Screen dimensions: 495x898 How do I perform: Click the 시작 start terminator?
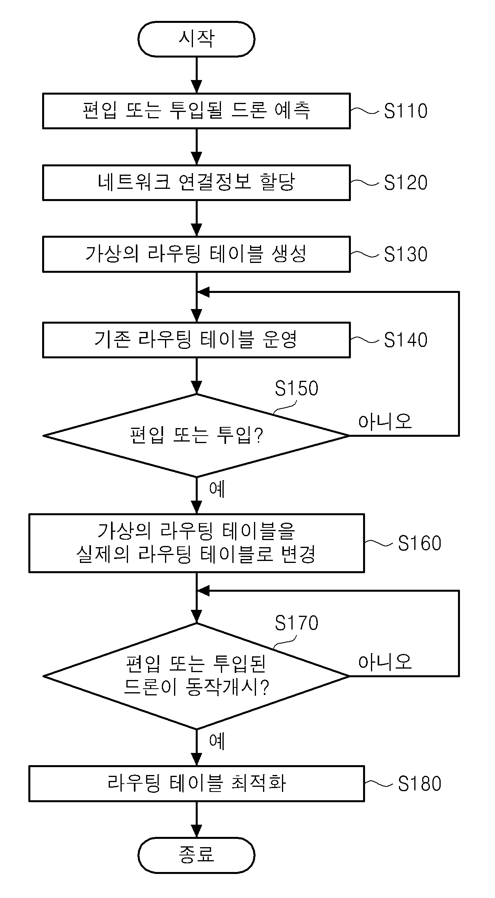[196, 39]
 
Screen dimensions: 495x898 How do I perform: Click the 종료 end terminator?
[196, 854]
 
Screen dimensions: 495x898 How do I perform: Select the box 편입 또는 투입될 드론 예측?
[196, 111]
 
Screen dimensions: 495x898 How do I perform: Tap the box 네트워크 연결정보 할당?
[196, 183]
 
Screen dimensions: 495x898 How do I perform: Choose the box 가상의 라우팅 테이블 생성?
[196, 254]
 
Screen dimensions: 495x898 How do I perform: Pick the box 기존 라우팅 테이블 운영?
[196, 340]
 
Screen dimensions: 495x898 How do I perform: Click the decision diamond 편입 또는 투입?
[196, 436]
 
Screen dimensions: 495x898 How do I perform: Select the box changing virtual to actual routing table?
[196, 543]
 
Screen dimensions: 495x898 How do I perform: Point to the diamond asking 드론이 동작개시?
[196, 676]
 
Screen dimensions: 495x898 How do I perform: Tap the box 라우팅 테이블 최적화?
[196, 783]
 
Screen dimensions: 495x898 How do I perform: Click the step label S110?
[406, 111]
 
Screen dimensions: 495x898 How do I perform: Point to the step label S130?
[406, 254]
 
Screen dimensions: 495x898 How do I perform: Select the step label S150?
[297, 388]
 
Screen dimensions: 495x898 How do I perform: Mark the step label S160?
[420, 543]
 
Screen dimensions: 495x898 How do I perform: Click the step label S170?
[297, 623]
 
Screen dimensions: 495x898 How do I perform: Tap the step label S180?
[420, 784]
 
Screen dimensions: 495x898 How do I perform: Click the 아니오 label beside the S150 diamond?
[385, 421]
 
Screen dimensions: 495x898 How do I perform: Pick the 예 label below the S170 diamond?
[217, 741]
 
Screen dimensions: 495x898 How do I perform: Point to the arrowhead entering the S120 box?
[196, 159]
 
